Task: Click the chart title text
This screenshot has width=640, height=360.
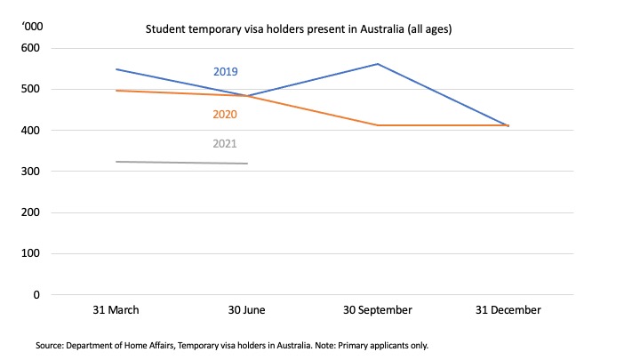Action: click(x=299, y=29)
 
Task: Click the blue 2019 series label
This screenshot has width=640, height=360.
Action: click(x=225, y=72)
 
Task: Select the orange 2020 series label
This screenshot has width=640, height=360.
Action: click(x=225, y=115)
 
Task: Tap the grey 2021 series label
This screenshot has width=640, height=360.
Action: click(x=225, y=144)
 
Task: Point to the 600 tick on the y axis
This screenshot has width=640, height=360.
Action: click(x=31, y=48)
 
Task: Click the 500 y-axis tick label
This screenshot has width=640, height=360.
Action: click(x=31, y=89)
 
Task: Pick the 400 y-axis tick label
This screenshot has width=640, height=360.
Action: click(x=31, y=131)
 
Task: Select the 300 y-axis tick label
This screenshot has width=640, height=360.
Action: click(x=31, y=172)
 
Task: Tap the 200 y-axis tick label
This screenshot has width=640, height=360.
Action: click(x=31, y=212)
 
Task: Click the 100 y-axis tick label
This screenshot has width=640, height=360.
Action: click(x=31, y=253)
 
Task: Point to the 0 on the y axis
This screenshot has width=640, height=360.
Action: click(x=37, y=294)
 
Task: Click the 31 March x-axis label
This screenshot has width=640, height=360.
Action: click(x=116, y=310)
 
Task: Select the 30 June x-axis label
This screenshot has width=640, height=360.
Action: click(x=246, y=310)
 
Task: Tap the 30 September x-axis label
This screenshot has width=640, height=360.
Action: click(x=378, y=310)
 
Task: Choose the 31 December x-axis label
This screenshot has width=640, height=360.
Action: click(x=508, y=310)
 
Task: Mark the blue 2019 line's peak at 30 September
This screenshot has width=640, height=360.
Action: click(x=378, y=64)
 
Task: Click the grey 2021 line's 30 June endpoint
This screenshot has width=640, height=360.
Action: click(x=247, y=164)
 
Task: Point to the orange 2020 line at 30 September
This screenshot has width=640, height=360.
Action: click(x=378, y=125)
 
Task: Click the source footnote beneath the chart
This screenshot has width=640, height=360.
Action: click(x=232, y=345)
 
